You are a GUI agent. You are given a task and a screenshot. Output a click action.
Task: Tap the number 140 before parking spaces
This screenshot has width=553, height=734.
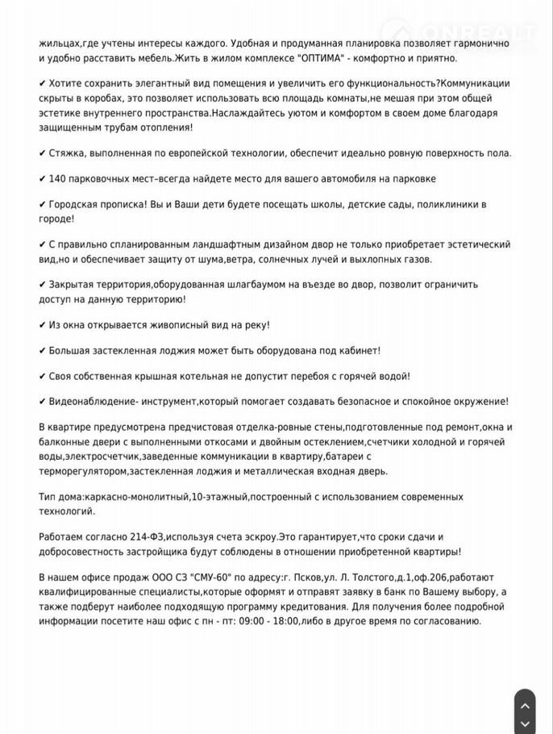58,178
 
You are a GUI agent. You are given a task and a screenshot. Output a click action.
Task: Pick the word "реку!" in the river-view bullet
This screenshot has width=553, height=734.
256,325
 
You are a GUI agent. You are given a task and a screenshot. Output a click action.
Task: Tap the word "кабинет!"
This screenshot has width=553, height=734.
355,351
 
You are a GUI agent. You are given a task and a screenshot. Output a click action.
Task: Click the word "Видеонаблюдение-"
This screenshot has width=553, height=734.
94,402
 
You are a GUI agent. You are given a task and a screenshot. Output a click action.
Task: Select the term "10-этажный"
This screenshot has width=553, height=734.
219,497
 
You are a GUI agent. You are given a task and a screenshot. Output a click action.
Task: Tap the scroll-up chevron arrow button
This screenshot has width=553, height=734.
524,706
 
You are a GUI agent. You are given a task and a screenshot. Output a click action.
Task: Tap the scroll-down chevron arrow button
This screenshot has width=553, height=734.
524,724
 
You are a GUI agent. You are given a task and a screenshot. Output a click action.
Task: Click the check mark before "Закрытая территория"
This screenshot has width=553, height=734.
43,285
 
